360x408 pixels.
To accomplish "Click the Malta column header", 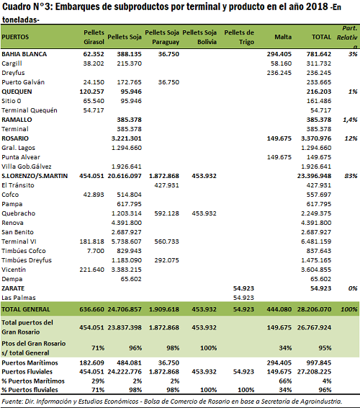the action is coord(283,37).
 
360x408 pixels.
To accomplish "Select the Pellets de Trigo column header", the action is coord(239,37).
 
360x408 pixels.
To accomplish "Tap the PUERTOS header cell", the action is coord(15,37).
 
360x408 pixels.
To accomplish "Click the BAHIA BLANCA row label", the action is coord(24,54).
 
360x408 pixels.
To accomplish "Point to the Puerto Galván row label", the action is coord(23,82).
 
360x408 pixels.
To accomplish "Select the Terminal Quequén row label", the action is coord(29,110).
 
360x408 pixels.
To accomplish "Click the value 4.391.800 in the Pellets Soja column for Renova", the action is coord(127,223).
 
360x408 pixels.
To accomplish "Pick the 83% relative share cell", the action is coord(351,176).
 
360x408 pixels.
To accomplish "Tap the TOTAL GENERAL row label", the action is coord(25,309).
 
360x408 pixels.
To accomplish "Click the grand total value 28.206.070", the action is coord(314,309).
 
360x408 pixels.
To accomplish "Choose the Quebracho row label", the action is coord(18,213).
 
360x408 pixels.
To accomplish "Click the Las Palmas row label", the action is coord(19,298).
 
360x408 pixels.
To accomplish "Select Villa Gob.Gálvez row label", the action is coord(26,167).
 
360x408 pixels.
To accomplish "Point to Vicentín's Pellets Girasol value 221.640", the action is coord(91,270).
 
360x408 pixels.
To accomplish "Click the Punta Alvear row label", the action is coord(21,157).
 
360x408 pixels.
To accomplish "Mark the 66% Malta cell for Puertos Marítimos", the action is coord(285,381).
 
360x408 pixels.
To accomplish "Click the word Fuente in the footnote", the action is coord(12,402).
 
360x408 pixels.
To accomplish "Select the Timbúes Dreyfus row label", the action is coord(27,260).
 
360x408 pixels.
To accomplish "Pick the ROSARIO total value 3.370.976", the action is coord(316,138).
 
